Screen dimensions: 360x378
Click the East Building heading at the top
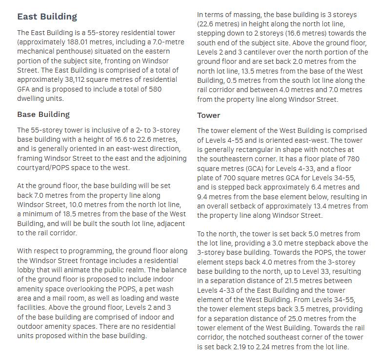click(x=47, y=17)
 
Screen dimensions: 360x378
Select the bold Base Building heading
click(x=43, y=114)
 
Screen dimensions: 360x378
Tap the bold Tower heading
click(x=208, y=115)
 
